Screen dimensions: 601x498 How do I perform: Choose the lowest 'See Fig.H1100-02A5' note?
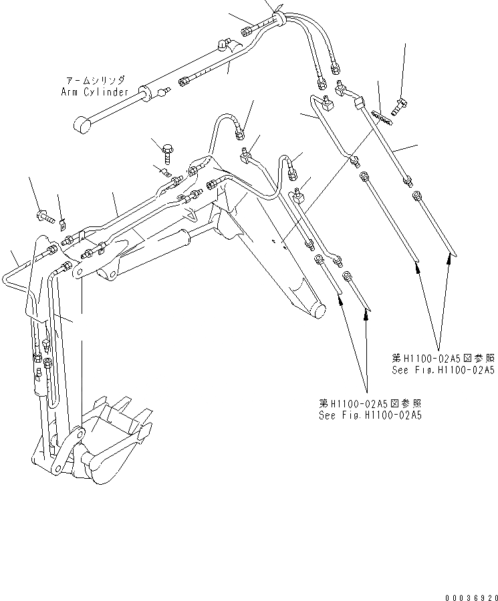tap(370, 409)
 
